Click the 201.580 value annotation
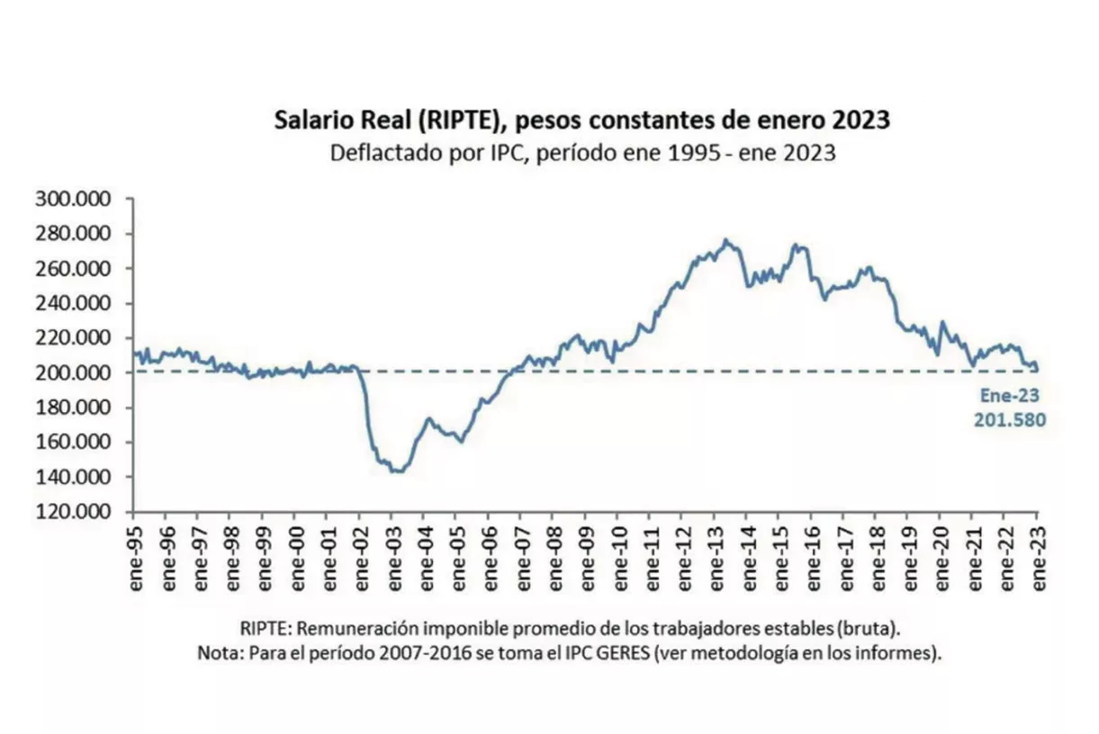[1009, 419]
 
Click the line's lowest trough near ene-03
[396, 470]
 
